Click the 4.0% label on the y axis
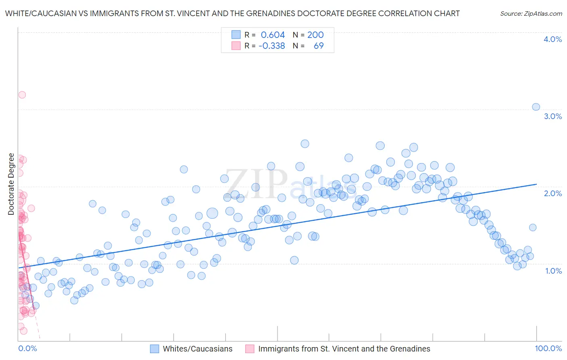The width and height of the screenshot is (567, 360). point(552,39)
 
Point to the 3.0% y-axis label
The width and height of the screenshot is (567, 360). point(552,116)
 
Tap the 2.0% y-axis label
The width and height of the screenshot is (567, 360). point(552,193)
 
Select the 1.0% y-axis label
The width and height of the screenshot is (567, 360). point(553,271)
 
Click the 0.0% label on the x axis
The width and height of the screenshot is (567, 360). point(27,348)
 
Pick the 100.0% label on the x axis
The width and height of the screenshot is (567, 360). point(548,348)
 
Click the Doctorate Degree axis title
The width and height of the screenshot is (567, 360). point(11,184)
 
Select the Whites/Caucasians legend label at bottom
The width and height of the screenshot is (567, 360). point(198,349)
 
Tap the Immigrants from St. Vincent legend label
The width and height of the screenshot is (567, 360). point(344,349)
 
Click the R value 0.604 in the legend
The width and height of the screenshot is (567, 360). point(273,35)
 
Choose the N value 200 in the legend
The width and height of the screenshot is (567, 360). point(315,35)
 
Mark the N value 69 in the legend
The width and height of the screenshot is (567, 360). point(319,46)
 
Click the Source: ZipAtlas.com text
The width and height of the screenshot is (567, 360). point(531,13)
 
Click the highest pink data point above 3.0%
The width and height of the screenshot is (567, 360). point(22,95)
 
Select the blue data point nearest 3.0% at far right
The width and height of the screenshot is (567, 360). point(536,107)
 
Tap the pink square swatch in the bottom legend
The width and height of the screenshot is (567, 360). point(250,349)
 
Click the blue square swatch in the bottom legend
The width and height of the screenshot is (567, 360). point(154,349)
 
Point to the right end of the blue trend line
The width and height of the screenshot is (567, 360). point(536,184)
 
